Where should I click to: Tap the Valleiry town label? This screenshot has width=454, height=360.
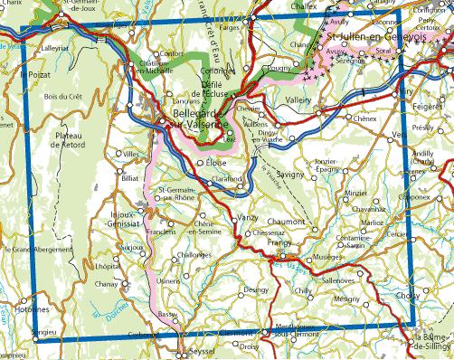[298, 100]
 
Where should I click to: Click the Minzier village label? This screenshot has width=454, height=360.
[355, 193]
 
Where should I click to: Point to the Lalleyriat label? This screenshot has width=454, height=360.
[56, 41]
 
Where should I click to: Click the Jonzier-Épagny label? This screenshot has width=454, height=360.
[326, 166]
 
